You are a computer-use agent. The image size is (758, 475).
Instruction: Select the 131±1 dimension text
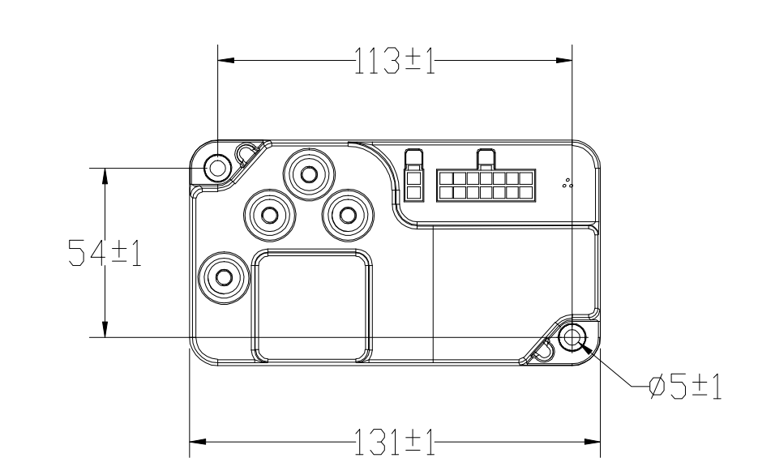pyautogui.click(x=394, y=443)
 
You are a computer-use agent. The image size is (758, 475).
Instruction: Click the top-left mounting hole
pyautogui.click(x=217, y=168)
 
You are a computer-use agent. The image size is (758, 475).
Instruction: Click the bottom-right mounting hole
pyautogui.click(x=572, y=337)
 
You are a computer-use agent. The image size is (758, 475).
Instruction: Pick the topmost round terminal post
pyautogui.click(x=308, y=173)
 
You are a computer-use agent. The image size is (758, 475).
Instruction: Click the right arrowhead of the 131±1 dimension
pyautogui.click(x=593, y=443)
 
